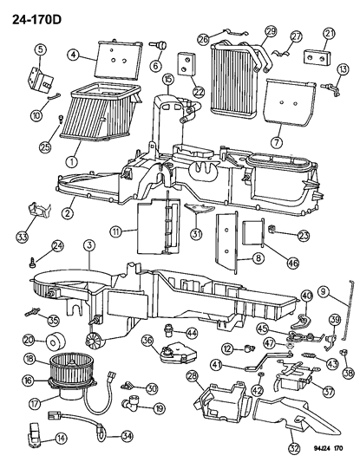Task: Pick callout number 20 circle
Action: click(x=29, y=339)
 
